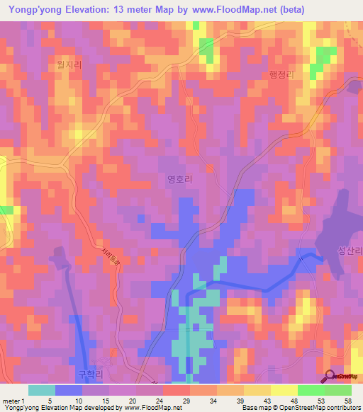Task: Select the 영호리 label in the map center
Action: pos(179,180)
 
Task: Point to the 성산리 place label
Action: pos(350,251)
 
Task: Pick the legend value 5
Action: pos(50,400)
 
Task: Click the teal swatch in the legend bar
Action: pos(42,390)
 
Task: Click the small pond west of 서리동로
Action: pos(57,255)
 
